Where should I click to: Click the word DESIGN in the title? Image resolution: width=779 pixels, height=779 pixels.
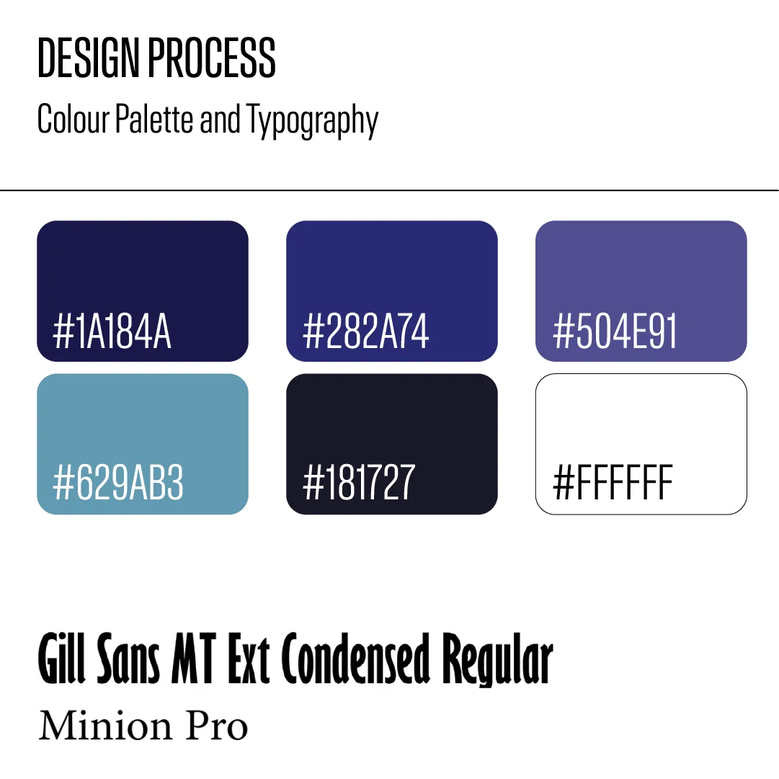[x=89, y=58]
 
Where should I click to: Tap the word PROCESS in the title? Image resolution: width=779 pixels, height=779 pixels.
[x=212, y=58]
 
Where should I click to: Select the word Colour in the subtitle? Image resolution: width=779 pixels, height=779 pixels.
[x=73, y=119]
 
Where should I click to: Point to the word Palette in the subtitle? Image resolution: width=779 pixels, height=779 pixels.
[x=154, y=119]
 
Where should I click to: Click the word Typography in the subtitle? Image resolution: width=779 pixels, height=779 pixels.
[x=313, y=121]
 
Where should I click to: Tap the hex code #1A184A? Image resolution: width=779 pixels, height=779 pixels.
[x=112, y=331]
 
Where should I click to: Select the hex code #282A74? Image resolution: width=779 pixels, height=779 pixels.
[x=365, y=331]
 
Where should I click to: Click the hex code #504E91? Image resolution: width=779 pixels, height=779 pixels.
[x=615, y=331]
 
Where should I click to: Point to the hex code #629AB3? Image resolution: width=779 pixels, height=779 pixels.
[x=118, y=482]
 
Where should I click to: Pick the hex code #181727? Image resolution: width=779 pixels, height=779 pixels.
[x=359, y=482]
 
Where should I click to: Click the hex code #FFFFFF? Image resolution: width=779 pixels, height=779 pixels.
[x=613, y=482]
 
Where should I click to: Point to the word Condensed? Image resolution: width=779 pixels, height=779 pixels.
[x=355, y=658]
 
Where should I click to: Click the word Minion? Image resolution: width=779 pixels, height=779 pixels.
[x=105, y=726]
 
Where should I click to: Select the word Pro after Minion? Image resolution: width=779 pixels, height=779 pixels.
[x=217, y=726]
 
